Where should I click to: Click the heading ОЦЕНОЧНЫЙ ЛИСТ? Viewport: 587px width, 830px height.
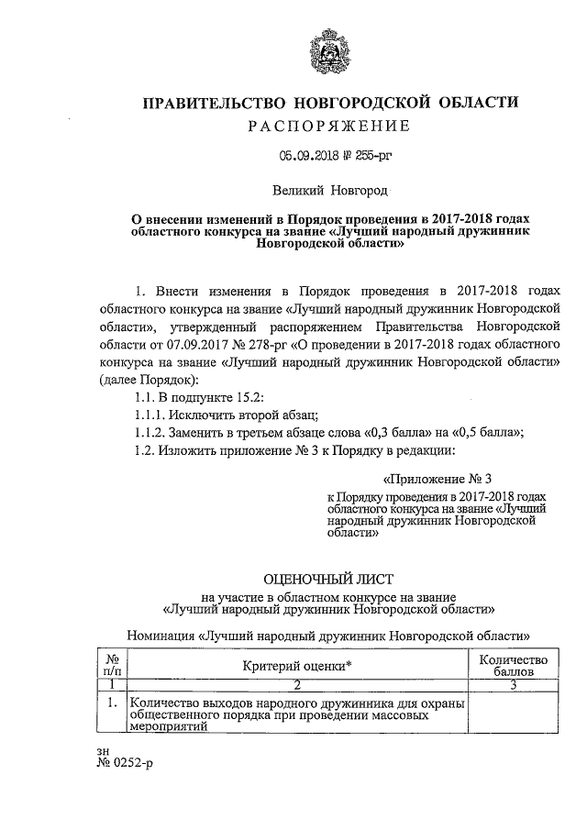point(327,579)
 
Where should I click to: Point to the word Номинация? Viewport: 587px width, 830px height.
point(159,634)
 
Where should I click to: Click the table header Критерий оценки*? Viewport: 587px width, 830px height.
point(299,666)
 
